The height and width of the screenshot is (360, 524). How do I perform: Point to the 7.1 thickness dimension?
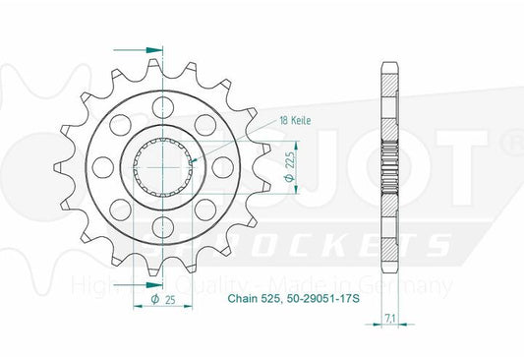click(392, 317)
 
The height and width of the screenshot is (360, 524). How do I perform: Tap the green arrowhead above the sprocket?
click(151, 46)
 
